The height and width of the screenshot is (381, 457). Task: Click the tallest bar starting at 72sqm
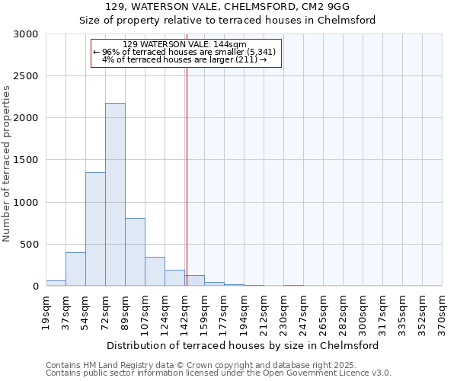[x=115, y=194]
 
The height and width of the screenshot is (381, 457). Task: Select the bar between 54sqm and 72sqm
[x=95, y=229]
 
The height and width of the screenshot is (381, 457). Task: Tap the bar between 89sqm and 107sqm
[x=135, y=251]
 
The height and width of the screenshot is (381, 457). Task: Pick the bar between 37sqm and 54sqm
[x=75, y=269]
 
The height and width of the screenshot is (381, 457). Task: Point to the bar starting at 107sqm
[x=155, y=271]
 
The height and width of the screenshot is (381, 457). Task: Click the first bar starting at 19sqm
[x=56, y=283]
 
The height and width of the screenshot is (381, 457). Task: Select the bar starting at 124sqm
[x=174, y=278]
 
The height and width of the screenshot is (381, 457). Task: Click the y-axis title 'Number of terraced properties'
[x=7, y=164]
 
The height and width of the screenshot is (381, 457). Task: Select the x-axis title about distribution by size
[x=244, y=345]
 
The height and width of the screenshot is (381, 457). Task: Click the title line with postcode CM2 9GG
[x=228, y=7]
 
